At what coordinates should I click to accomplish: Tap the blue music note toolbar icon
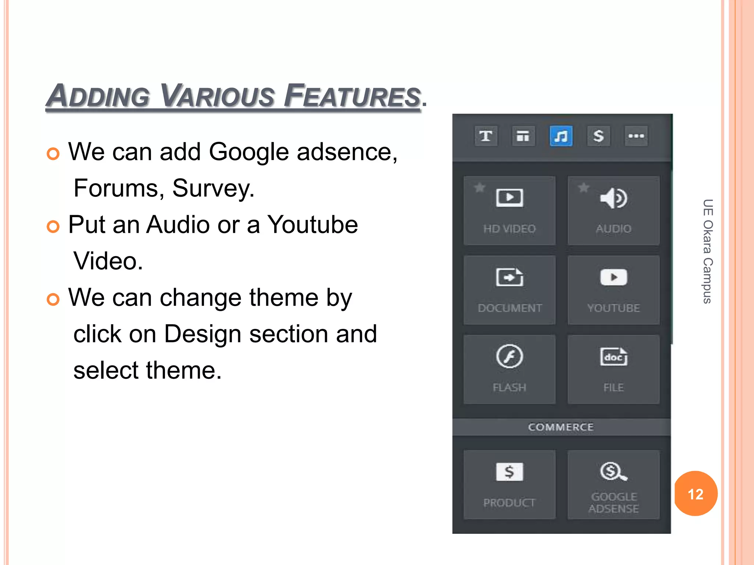tap(561, 136)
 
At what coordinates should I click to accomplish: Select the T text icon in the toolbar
tap(486, 136)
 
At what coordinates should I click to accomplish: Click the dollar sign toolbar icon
tap(599, 136)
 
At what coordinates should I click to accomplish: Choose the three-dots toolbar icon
tap(636, 136)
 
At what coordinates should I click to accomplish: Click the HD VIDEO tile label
tap(510, 229)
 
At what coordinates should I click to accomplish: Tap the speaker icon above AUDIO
tap(613, 198)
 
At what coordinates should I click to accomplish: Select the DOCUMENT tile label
tap(510, 308)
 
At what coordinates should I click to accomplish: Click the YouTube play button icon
tap(614, 277)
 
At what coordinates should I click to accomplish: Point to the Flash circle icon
tap(509, 356)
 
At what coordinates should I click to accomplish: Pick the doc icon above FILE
tap(614, 356)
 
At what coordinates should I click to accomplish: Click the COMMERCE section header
tap(561, 427)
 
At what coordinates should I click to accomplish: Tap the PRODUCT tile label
tap(509, 502)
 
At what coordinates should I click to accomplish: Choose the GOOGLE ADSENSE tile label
tap(614, 502)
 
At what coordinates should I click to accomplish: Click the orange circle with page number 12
tap(695, 494)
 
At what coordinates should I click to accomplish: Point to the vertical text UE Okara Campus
tap(708, 251)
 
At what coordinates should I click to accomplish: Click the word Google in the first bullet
tap(249, 152)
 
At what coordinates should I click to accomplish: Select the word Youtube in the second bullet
tap(312, 224)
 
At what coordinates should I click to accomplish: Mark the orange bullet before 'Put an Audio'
tap(53, 227)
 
